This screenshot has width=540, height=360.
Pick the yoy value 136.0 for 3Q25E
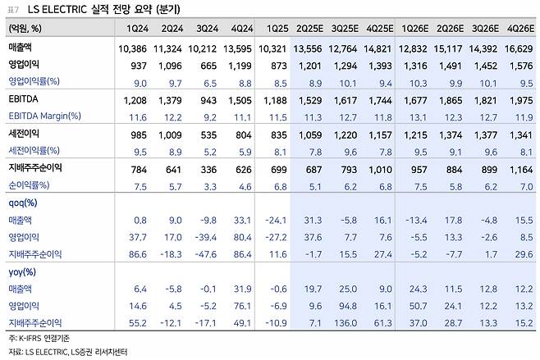[342, 324]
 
